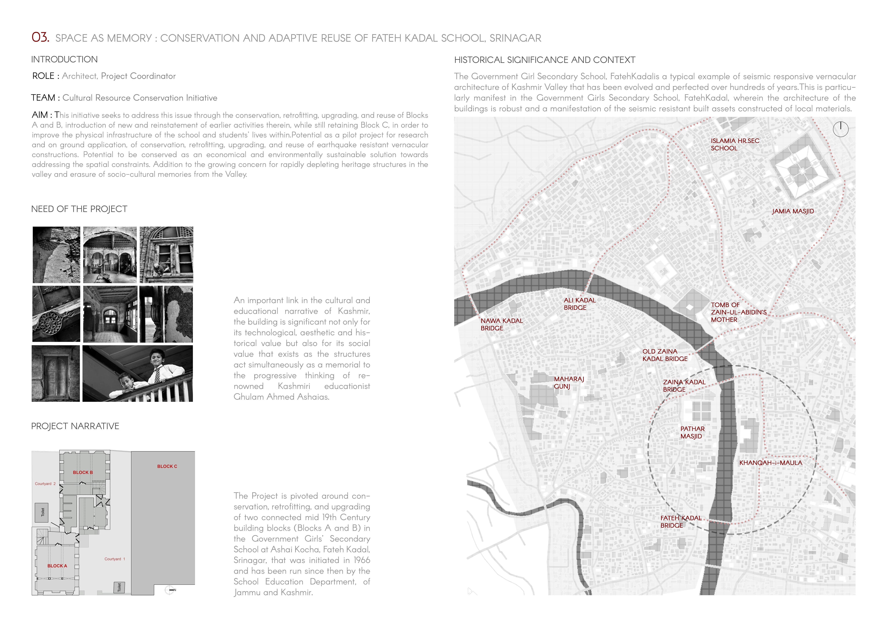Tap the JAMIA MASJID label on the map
coord(793,211)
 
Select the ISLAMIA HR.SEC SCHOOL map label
coord(735,144)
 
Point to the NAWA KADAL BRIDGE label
coord(502,324)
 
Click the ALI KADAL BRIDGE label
coord(579,304)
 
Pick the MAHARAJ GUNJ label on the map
coord(569,383)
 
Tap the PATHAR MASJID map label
coord(692,432)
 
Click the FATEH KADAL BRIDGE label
coord(681,522)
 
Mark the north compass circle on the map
coord(841,129)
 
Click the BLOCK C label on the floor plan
coord(167,466)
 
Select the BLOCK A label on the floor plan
coord(57,566)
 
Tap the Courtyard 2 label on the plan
coord(45,484)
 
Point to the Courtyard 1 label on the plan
coord(115,559)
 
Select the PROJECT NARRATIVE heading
coord(75,426)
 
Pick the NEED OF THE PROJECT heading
coord(79,209)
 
